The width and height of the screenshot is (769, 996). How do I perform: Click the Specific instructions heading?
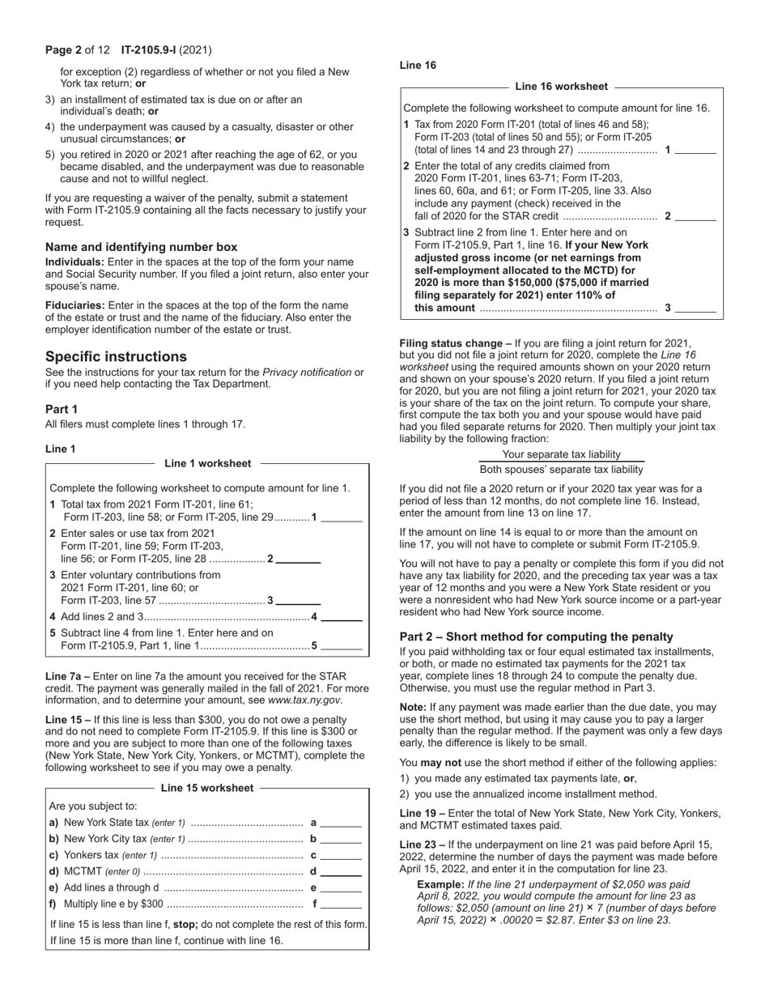[x=116, y=357]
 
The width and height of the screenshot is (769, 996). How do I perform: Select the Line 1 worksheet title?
[x=208, y=464]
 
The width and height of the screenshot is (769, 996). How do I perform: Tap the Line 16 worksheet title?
[x=561, y=87]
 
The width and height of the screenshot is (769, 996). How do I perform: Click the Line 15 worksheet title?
[x=207, y=788]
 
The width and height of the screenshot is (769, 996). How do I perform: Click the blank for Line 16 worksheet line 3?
[x=696, y=309]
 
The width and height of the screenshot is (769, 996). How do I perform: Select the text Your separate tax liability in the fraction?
[x=562, y=454]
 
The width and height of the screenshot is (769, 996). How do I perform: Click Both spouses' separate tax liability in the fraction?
[x=562, y=470]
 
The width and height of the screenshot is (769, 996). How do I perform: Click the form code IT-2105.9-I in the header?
[x=151, y=50]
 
